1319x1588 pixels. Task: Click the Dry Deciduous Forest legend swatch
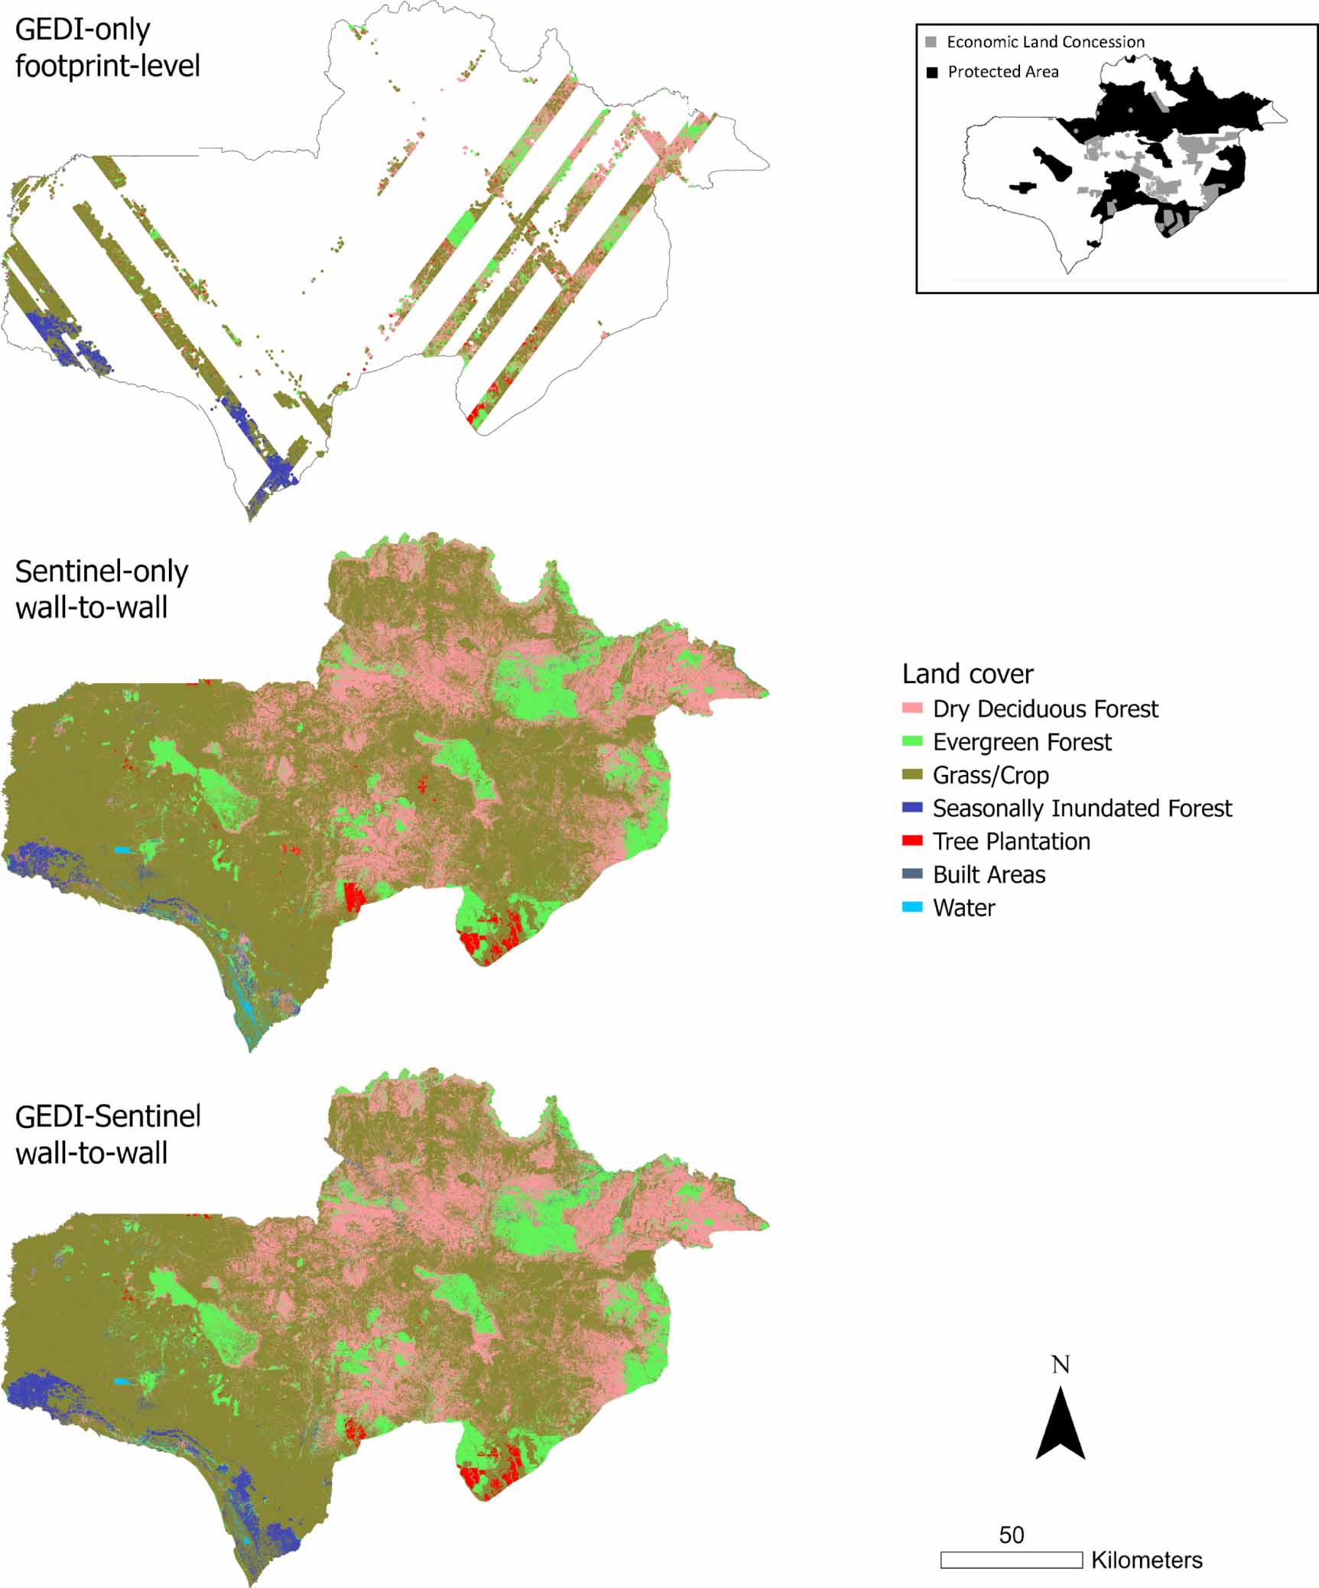coord(912,708)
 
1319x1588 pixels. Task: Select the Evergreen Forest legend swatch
coord(912,741)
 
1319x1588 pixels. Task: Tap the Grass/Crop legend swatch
coord(912,775)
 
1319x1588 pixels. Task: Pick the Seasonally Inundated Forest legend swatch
coord(912,808)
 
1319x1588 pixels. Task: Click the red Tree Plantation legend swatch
coord(912,841)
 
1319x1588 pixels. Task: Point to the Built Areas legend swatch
coord(912,873)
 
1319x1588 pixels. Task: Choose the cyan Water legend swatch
coord(912,907)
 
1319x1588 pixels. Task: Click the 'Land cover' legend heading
coord(967,674)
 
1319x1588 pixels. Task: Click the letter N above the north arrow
coord(1061,1364)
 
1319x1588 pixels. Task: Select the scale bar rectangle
coord(1011,1559)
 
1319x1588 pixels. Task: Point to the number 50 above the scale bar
coord(1011,1535)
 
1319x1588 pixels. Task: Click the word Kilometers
coord(1146,1560)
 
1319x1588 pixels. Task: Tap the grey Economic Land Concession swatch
coord(931,42)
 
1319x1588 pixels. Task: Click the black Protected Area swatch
coord(931,73)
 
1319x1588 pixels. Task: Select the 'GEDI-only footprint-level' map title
coord(107,47)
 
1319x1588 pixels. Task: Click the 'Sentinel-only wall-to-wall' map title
coord(101,589)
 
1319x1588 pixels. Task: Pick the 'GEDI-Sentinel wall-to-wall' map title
coord(107,1134)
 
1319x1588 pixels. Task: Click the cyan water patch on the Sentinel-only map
coord(122,850)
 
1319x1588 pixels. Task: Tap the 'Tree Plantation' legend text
coord(1011,841)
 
